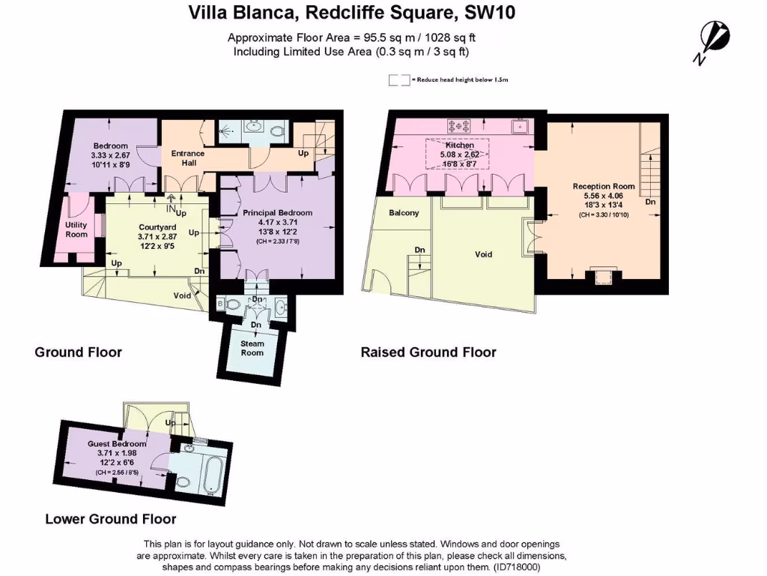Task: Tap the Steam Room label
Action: pos(252,348)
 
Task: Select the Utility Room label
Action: pos(76,229)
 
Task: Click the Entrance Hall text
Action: pos(187,158)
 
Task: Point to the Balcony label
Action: pos(404,213)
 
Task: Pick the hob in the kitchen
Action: pos(458,125)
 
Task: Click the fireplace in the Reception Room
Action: pos(602,277)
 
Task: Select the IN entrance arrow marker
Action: pos(172,199)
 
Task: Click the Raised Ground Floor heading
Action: pos(428,352)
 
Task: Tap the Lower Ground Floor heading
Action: pos(111,519)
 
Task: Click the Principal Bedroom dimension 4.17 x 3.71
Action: pos(277,223)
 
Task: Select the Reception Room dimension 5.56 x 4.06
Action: pos(604,196)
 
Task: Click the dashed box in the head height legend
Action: pos(398,79)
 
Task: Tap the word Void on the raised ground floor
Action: pos(484,254)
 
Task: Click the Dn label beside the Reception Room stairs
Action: pos(650,202)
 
